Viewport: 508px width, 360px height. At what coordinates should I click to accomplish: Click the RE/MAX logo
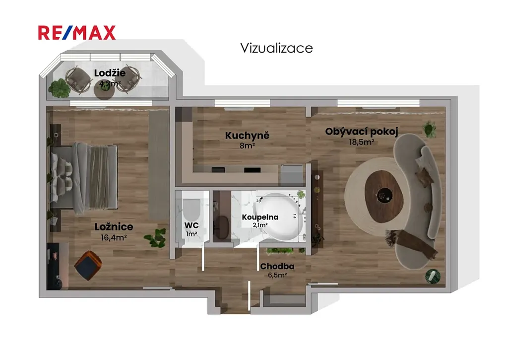77,33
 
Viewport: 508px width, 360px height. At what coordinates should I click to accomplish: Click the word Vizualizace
276,48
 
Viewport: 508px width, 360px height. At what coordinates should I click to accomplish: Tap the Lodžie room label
110,73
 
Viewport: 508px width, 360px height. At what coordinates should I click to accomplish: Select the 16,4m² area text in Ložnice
114,238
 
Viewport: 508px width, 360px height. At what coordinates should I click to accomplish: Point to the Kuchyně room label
247,136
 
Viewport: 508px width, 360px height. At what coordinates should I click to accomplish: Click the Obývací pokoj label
362,132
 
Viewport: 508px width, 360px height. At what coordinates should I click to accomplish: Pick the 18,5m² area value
362,142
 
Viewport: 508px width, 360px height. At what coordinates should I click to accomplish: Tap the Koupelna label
260,217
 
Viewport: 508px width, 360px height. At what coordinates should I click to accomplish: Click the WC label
191,225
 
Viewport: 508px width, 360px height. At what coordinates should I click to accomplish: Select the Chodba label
277,266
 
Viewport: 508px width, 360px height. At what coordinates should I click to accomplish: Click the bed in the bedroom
84,178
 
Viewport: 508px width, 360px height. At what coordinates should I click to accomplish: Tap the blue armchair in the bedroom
88,266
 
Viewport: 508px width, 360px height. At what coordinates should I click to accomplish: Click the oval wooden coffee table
384,196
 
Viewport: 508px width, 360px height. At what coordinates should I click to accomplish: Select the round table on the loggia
104,91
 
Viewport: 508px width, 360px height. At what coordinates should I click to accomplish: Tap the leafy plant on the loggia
60,88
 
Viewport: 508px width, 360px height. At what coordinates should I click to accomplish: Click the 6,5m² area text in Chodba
277,276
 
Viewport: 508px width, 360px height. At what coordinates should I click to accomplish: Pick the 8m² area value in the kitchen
247,146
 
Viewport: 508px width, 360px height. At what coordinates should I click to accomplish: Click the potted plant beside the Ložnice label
156,238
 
